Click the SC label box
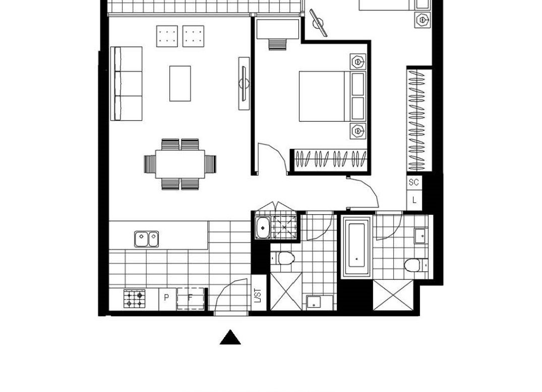click(414, 182)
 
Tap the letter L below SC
click(414, 200)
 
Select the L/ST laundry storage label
click(258, 295)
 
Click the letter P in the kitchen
click(166, 298)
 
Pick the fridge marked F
click(190, 298)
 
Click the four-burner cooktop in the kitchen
click(135, 299)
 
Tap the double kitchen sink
click(147, 239)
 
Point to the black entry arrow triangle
click(230, 337)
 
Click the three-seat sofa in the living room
click(126, 83)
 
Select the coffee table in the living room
click(180, 83)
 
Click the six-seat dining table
click(180, 164)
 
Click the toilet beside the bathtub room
click(413, 265)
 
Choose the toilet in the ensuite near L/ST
click(285, 258)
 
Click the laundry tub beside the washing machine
click(263, 228)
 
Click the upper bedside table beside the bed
click(358, 62)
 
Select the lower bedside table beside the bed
click(358, 131)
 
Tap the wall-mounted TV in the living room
click(244, 83)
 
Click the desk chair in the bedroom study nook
click(278, 44)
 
